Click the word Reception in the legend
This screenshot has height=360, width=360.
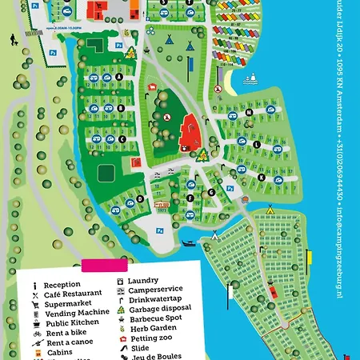pos(62,285)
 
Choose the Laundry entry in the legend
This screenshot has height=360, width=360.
pos(144,281)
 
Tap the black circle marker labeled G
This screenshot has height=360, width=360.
pos(211,192)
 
